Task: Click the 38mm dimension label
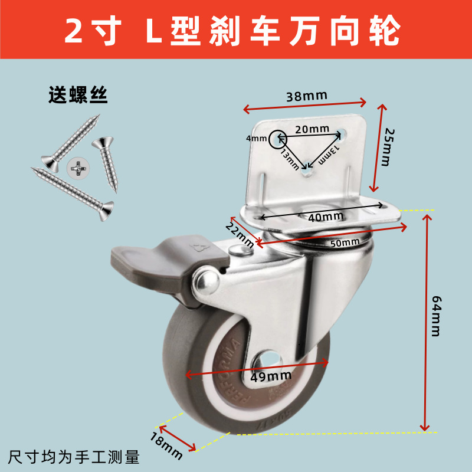point(306,96)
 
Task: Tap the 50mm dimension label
point(345,242)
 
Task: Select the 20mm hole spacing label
point(312,129)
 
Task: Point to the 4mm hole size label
point(257,139)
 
